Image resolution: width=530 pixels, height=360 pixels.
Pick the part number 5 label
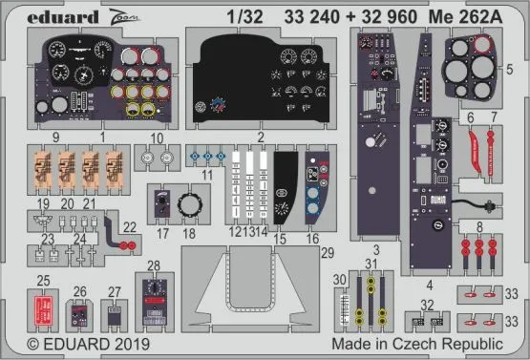point(511,69)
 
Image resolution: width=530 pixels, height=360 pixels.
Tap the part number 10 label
point(156,137)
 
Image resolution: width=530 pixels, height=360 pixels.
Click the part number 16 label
point(313,232)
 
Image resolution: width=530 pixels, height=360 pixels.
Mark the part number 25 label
point(43,280)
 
